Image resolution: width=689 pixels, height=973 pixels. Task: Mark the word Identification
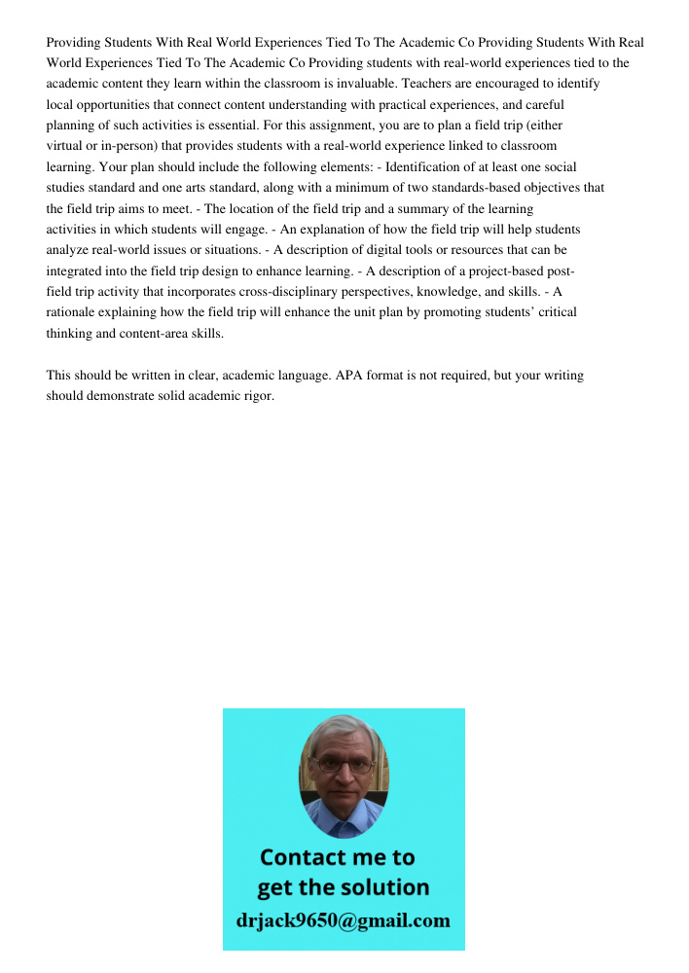430,167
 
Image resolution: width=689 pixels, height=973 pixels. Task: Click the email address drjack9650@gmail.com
343,919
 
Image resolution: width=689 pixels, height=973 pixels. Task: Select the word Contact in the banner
303,857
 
